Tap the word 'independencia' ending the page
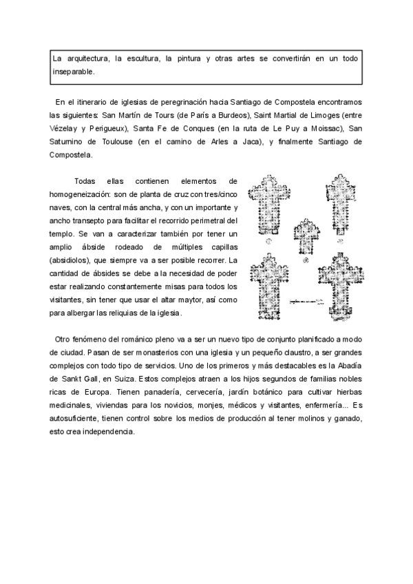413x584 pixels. (107, 432)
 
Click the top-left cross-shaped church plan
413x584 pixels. (270, 207)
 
